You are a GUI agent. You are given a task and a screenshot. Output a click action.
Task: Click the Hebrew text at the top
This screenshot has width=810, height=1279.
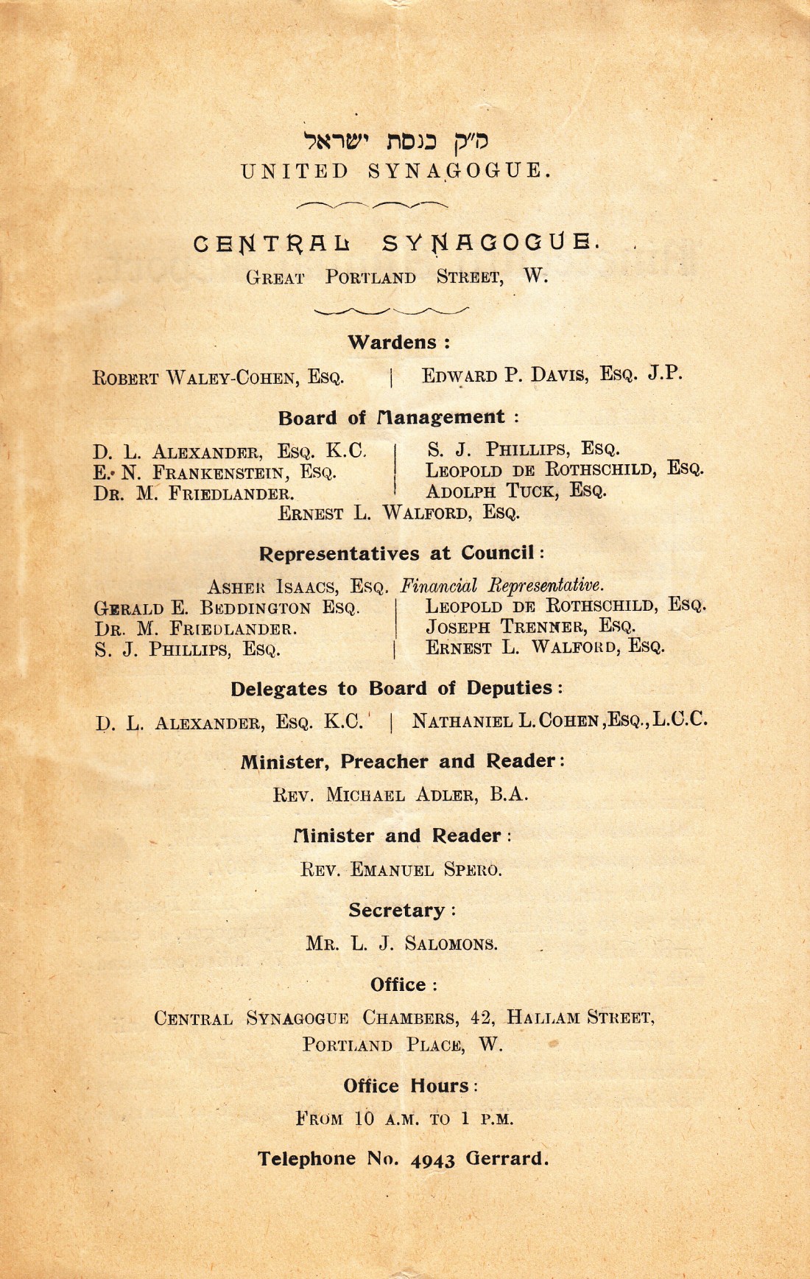(x=396, y=139)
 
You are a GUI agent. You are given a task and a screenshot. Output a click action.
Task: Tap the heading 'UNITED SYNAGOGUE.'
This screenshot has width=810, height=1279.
(x=396, y=172)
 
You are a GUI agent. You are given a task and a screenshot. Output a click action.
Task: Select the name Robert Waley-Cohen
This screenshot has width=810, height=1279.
(x=218, y=378)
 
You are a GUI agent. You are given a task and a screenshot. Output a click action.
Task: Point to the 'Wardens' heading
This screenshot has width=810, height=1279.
(x=398, y=343)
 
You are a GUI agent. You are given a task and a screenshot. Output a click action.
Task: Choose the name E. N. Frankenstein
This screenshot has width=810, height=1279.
(x=215, y=472)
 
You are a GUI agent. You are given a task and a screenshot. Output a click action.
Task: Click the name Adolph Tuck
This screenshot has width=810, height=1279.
(x=515, y=491)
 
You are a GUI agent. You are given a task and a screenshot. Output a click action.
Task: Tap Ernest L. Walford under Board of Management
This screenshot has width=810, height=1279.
(x=398, y=513)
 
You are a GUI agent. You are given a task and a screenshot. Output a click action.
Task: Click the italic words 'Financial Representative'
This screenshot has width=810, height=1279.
(x=502, y=586)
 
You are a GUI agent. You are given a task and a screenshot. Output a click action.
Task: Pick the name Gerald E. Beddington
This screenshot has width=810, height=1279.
(x=227, y=609)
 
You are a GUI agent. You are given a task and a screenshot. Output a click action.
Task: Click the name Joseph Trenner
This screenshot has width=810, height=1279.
(x=530, y=627)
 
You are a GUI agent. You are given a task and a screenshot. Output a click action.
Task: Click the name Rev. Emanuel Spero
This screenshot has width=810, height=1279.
(x=401, y=870)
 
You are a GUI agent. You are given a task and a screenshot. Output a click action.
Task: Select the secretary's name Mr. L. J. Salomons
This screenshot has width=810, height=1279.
(x=401, y=944)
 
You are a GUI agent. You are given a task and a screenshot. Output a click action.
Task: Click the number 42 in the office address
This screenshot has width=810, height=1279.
(x=482, y=1018)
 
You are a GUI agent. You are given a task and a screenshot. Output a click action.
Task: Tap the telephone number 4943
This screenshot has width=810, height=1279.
(x=433, y=1160)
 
